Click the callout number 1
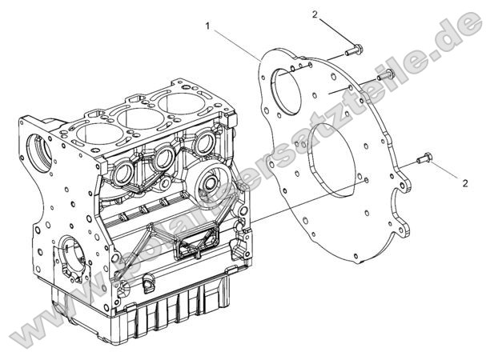click(208, 26)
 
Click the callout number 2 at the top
click(315, 14)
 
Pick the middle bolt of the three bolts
click(384, 74)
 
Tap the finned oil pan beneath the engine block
click(160, 312)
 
